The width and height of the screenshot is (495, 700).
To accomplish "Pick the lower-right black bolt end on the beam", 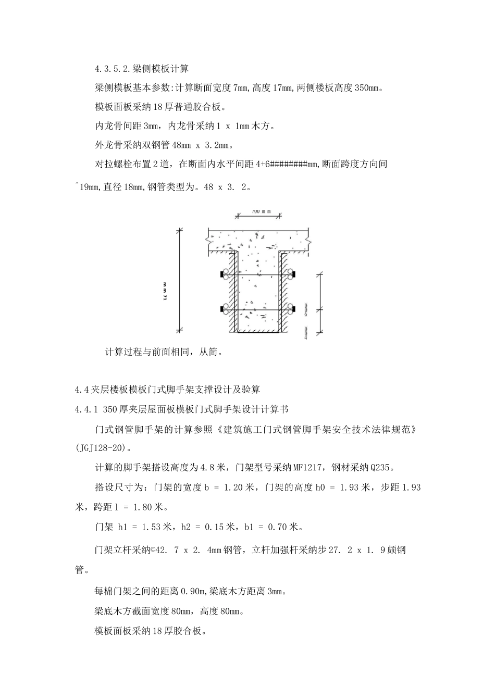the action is click(x=294, y=310).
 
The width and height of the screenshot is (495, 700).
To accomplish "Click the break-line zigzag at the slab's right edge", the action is click(x=309, y=241).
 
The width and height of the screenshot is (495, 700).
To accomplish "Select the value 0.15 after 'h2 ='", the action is click(x=215, y=527).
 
